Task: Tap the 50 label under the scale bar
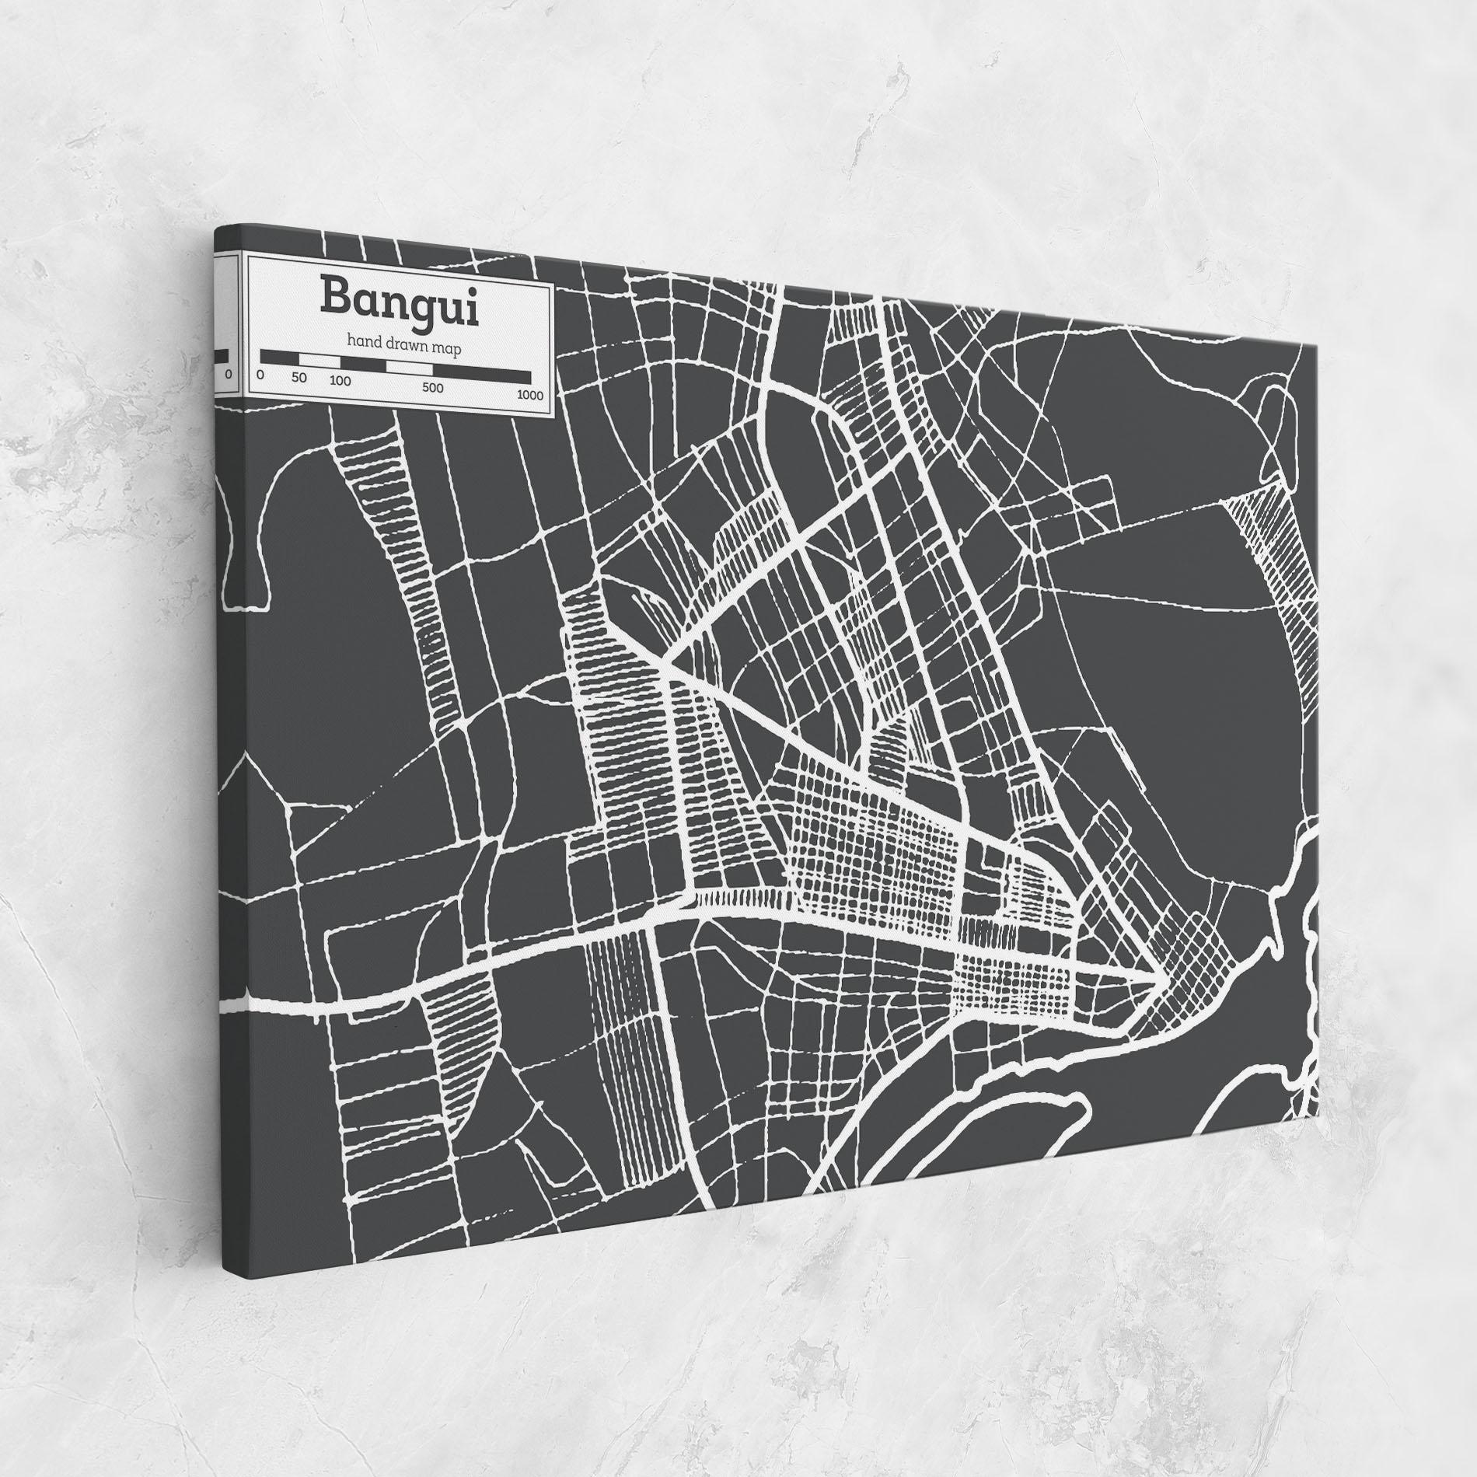(x=299, y=379)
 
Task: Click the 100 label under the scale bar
(x=340, y=381)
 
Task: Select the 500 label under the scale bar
(x=433, y=388)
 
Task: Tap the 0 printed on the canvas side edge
(x=227, y=375)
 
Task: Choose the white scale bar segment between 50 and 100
(x=319, y=361)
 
